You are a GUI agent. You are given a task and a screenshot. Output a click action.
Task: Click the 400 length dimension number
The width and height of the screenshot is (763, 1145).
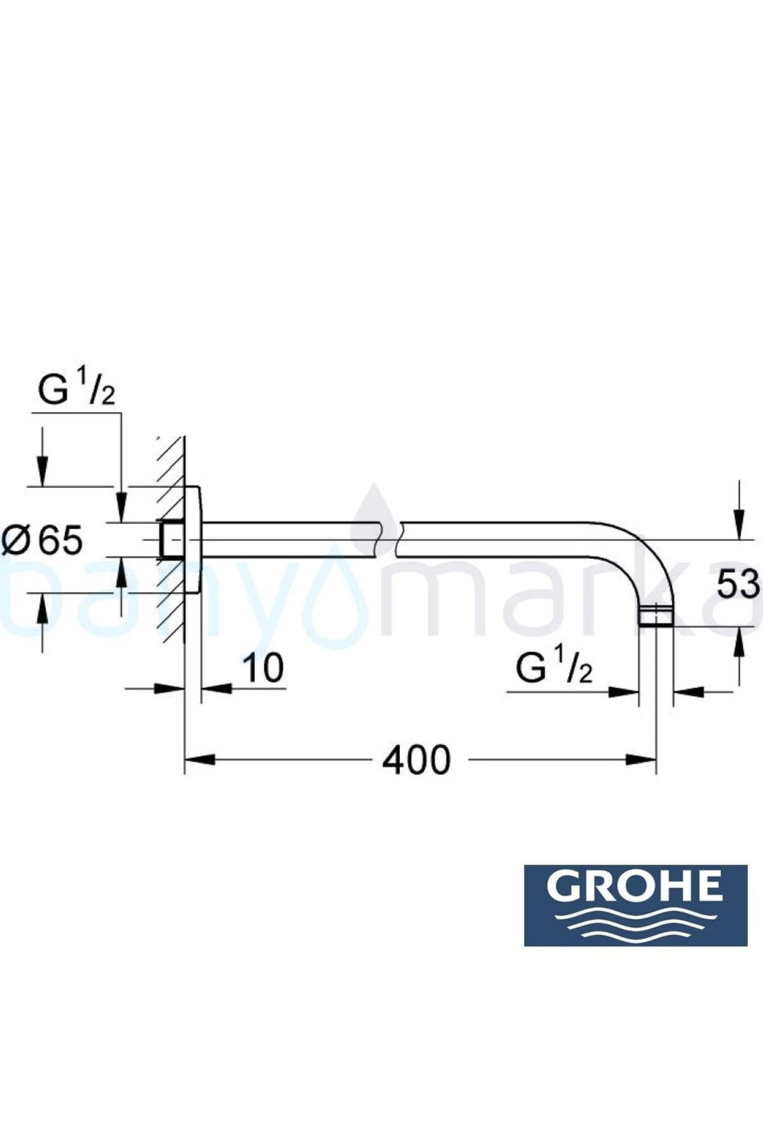coord(416,760)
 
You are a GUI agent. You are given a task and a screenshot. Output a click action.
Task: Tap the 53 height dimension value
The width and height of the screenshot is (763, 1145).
coord(738,584)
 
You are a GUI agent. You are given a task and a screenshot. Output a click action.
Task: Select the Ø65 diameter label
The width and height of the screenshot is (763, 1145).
coord(43,541)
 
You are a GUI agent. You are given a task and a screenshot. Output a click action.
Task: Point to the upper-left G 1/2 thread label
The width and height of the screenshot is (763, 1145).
coord(76,391)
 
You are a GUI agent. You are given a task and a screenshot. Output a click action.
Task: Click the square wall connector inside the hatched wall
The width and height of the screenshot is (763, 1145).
coord(172,541)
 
